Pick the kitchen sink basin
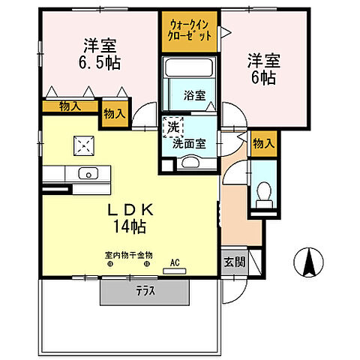click(x=88, y=175)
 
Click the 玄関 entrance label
click(x=233, y=262)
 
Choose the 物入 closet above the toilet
click(x=263, y=143)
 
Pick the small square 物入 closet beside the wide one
click(x=114, y=113)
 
